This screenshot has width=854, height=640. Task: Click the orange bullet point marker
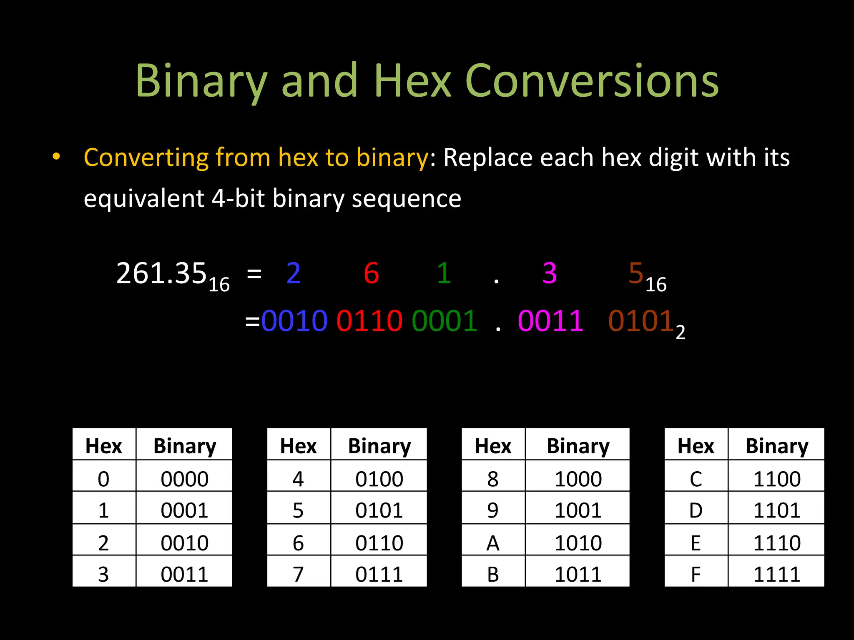point(56,157)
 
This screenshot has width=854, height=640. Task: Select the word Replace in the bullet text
point(487,158)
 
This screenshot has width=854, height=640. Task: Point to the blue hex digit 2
point(294,274)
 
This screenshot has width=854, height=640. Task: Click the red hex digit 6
point(371,274)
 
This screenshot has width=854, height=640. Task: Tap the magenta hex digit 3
point(550,274)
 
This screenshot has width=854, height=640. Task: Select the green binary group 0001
point(445,321)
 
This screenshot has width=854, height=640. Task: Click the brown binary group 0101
point(641,321)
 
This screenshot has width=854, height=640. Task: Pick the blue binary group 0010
point(294,321)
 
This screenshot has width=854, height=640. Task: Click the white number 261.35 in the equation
point(162,274)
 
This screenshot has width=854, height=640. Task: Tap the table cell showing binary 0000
point(184,479)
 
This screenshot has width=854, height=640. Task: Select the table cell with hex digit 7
point(298,575)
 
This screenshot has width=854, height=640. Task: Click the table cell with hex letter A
point(493,543)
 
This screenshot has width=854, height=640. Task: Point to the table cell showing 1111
point(776,575)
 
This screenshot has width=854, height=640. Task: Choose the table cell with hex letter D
point(696,510)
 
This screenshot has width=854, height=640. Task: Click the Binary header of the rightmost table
point(776,446)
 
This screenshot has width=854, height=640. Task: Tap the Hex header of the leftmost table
point(103,446)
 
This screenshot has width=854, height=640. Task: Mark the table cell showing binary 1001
point(578,510)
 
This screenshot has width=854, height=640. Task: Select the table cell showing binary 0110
point(379,543)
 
